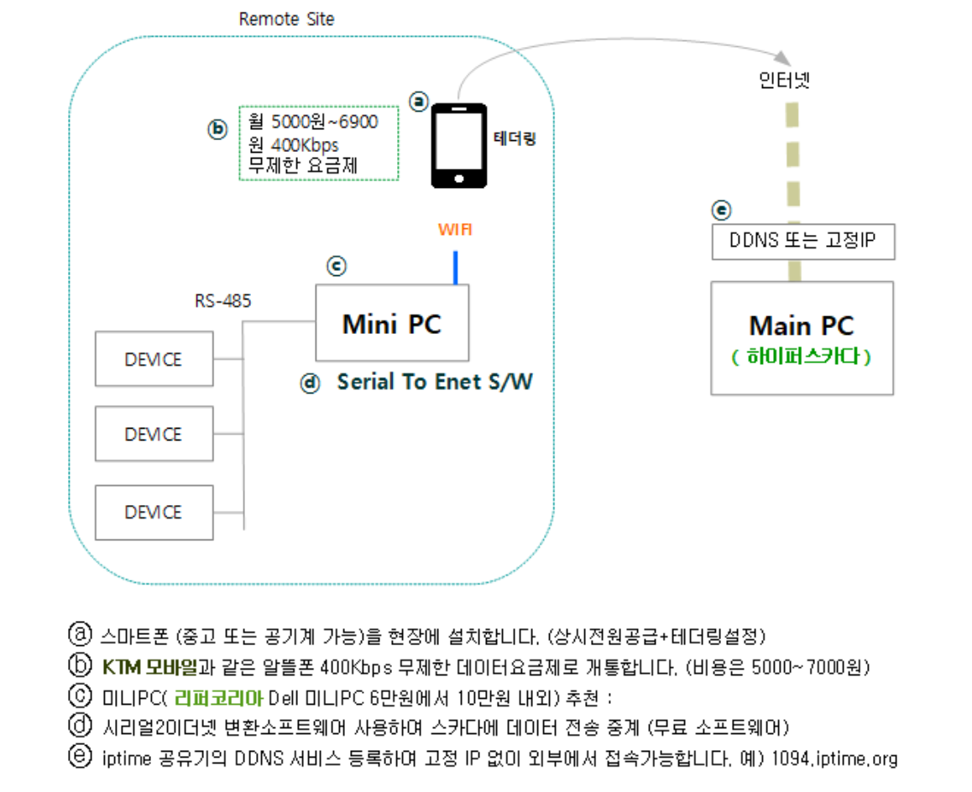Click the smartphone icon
458,145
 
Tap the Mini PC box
392,323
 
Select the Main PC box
802,337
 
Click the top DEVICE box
154,359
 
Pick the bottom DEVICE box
154,512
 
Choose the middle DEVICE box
154,435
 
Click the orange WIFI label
455,229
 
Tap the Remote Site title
286,18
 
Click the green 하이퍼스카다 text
802,357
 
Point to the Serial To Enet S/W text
435,383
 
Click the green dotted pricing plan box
318,143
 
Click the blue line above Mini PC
455,267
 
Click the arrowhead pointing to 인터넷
781,59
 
